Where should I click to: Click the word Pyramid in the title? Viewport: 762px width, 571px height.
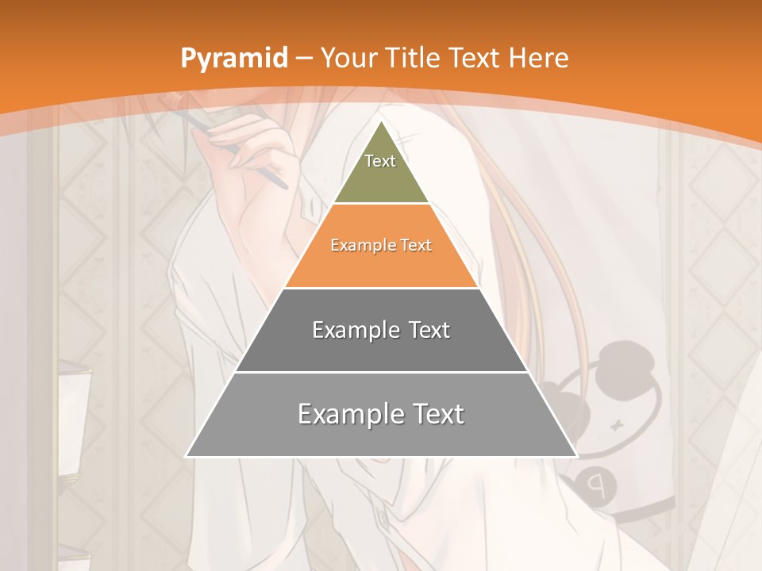pos(233,59)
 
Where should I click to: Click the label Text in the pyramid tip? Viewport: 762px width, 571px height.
pos(380,161)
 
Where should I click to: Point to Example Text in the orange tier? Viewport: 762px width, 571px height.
pos(381,245)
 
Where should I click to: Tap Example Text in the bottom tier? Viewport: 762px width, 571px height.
pos(381,414)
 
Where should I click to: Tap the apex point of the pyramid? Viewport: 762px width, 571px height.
pos(381,121)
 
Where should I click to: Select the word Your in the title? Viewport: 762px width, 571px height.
pos(348,59)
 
